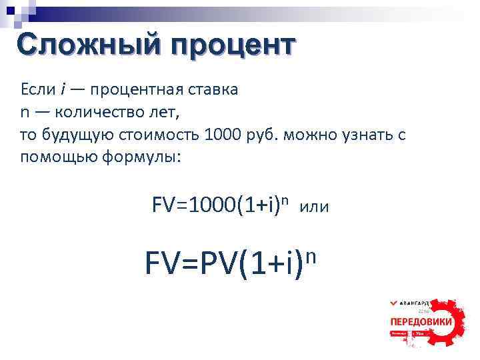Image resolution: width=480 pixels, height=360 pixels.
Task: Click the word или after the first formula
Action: [x=315, y=207]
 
